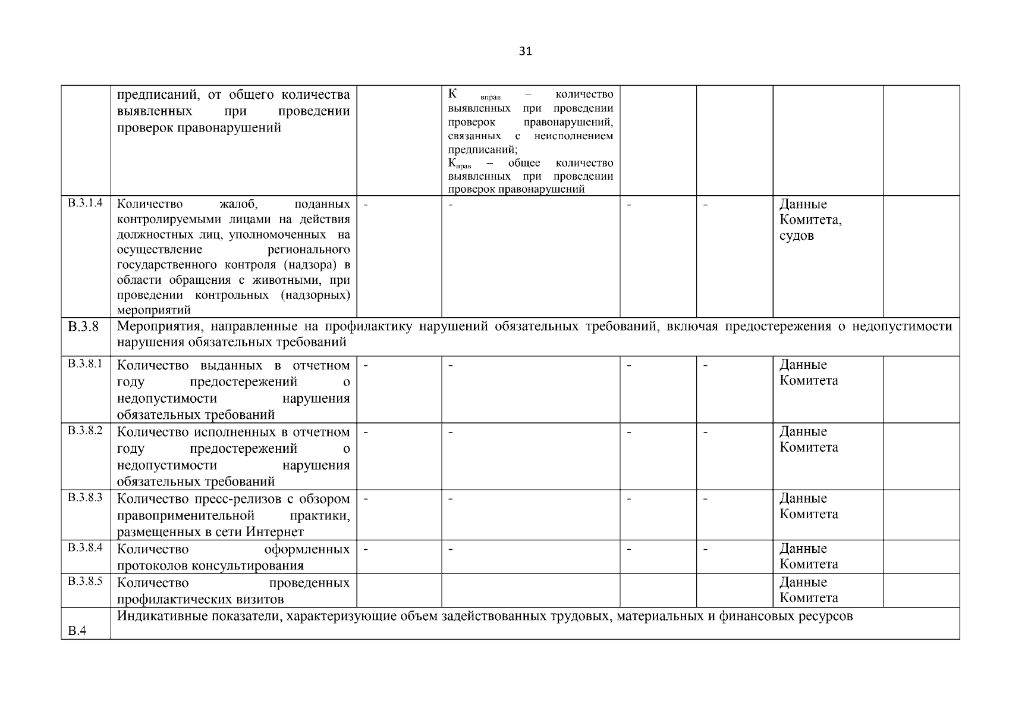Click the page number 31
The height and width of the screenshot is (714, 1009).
pos(525,51)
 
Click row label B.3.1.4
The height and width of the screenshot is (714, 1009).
pos(85,203)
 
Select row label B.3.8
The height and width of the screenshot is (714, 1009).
pos(83,327)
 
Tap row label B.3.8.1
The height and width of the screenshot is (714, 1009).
pos(85,364)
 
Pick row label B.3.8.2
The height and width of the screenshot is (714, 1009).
pos(85,431)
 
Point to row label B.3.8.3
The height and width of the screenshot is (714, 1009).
pos(85,497)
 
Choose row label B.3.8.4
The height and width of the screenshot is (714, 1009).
pos(85,547)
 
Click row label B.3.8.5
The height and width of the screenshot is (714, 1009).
pos(85,581)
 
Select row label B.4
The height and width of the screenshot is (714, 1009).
pos(77,631)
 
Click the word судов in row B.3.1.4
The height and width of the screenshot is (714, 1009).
pos(796,236)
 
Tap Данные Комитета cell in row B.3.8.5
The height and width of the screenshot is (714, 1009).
pos(809,590)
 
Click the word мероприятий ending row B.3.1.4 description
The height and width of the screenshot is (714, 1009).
pos(154,310)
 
